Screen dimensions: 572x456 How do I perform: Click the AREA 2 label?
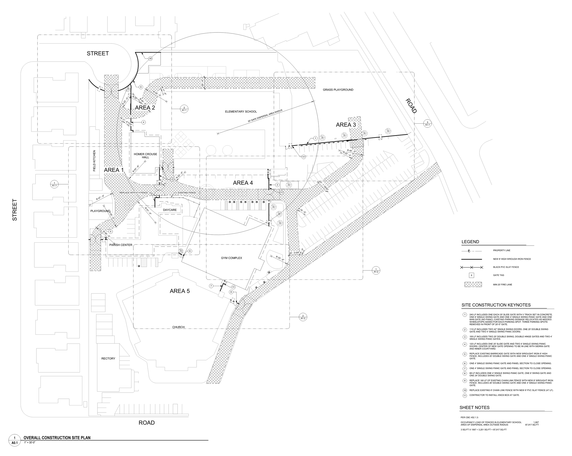[x=145, y=108]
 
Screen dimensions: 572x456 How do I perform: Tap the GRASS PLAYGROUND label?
[x=338, y=90]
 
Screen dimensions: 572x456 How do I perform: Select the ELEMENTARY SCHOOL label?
[x=241, y=111]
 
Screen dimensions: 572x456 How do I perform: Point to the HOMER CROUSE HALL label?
[x=145, y=155]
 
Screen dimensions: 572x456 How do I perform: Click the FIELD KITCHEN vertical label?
[x=94, y=160]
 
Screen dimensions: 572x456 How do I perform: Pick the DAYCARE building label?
[x=170, y=210]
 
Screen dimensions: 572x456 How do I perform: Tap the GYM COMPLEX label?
[x=231, y=258]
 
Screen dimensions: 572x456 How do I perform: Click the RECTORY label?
[x=108, y=358]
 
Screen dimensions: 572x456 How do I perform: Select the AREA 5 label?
[x=180, y=291]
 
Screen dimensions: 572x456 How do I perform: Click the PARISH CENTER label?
[x=121, y=245]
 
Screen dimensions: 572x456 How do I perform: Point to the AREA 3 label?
[x=346, y=125]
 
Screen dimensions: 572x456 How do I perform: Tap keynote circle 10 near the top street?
[x=150, y=58]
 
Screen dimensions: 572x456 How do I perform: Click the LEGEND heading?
[x=470, y=242]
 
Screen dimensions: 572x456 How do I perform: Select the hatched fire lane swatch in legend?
[x=473, y=285]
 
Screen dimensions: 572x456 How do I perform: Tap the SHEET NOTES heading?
[x=474, y=407]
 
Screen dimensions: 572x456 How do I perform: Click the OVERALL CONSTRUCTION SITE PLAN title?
[x=57, y=438]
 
